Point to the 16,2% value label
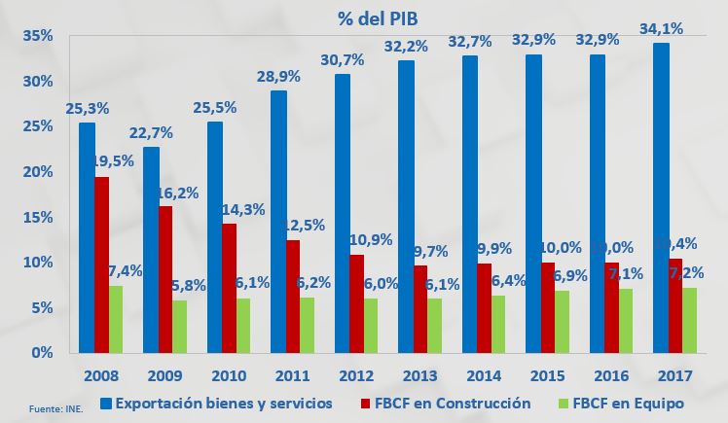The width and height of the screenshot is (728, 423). click(178, 194)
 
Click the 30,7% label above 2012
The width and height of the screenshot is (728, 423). click(343, 61)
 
